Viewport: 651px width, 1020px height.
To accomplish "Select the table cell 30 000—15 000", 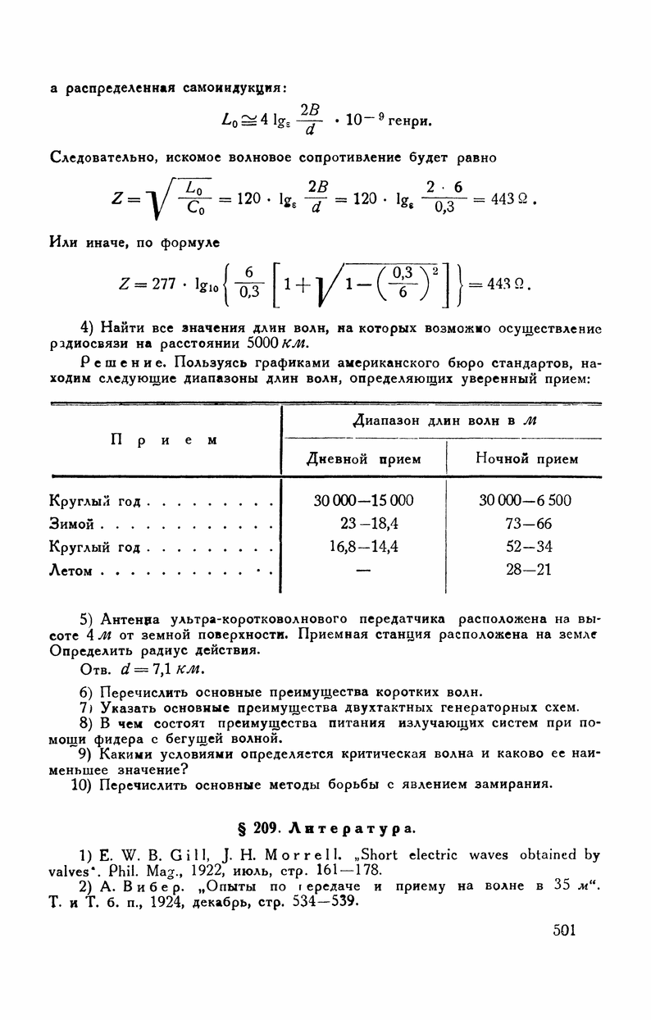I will point(364,500).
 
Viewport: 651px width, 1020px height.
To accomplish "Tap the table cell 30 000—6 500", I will point(526,500).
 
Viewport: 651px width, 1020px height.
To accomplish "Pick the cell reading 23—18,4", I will point(364,523).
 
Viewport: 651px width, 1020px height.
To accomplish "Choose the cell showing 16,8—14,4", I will point(364,546).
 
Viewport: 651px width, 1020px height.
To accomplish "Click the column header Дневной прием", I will point(364,459).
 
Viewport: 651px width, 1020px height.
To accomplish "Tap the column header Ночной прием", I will point(526,459).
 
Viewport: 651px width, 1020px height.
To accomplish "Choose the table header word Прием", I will point(163,439).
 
